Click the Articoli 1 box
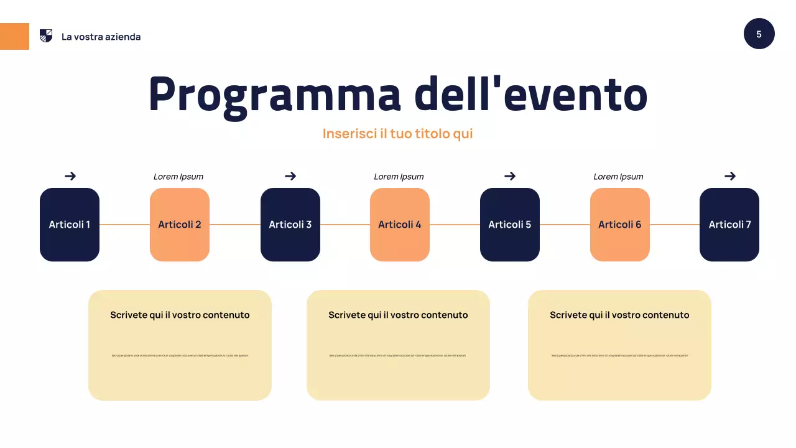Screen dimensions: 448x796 point(70,225)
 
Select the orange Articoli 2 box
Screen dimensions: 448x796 point(180,225)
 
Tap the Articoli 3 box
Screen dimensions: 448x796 point(290,225)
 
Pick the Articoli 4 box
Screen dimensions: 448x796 point(400,225)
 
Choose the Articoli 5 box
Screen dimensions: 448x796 point(510,225)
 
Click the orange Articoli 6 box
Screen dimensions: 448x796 point(620,225)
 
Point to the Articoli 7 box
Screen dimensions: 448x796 point(729,225)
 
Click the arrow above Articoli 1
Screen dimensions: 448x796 point(70,176)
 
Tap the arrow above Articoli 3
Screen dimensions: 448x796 point(290,176)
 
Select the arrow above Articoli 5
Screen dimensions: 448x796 point(510,176)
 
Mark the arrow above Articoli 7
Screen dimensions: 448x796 point(730,176)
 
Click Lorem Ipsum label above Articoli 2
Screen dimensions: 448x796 point(178,177)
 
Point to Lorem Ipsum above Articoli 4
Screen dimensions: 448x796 point(399,177)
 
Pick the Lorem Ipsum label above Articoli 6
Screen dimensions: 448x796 point(618,177)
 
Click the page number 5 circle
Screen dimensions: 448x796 point(759,34)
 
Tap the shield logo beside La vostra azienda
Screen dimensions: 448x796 point(46,36)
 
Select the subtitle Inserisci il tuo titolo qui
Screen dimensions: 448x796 point(398,134)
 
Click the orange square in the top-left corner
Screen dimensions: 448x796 point(14,36)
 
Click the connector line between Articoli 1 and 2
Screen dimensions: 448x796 point(124,225)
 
